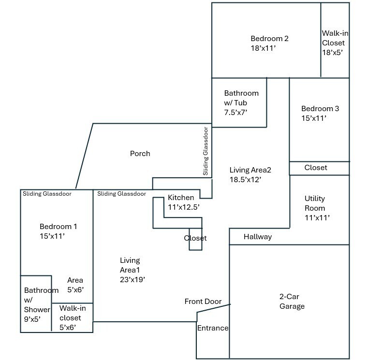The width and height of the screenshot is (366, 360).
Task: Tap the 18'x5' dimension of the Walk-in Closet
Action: pos(332,53)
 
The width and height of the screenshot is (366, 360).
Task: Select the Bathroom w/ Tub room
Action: pos(239,102)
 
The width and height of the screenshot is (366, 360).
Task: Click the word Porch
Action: pos(140,154)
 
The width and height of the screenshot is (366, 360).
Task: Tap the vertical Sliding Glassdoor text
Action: pos(205,151)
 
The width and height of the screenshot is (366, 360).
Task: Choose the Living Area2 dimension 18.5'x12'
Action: pos(245,180)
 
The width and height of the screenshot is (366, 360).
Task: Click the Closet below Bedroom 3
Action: pos(319,168)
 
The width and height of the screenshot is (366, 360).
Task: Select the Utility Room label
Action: pos(315,203)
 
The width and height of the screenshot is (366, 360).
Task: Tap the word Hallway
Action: pos(258,237)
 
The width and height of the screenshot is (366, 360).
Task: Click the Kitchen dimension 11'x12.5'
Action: pos(184,207)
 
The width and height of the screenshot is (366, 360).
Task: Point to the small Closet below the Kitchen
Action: pos(196,239)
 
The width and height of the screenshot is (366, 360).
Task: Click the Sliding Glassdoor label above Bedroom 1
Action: pos(47,194)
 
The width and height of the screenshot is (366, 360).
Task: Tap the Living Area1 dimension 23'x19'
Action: pos(132,279)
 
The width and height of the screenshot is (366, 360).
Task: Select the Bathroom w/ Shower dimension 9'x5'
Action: pos(32,319)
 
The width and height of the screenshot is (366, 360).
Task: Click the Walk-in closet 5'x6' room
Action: pos(72,318)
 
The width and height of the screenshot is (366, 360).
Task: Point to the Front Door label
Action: pos(203,302)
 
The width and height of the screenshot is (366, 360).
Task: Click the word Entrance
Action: pos(213,328)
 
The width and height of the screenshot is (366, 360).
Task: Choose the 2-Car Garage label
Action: pos(292,301)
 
